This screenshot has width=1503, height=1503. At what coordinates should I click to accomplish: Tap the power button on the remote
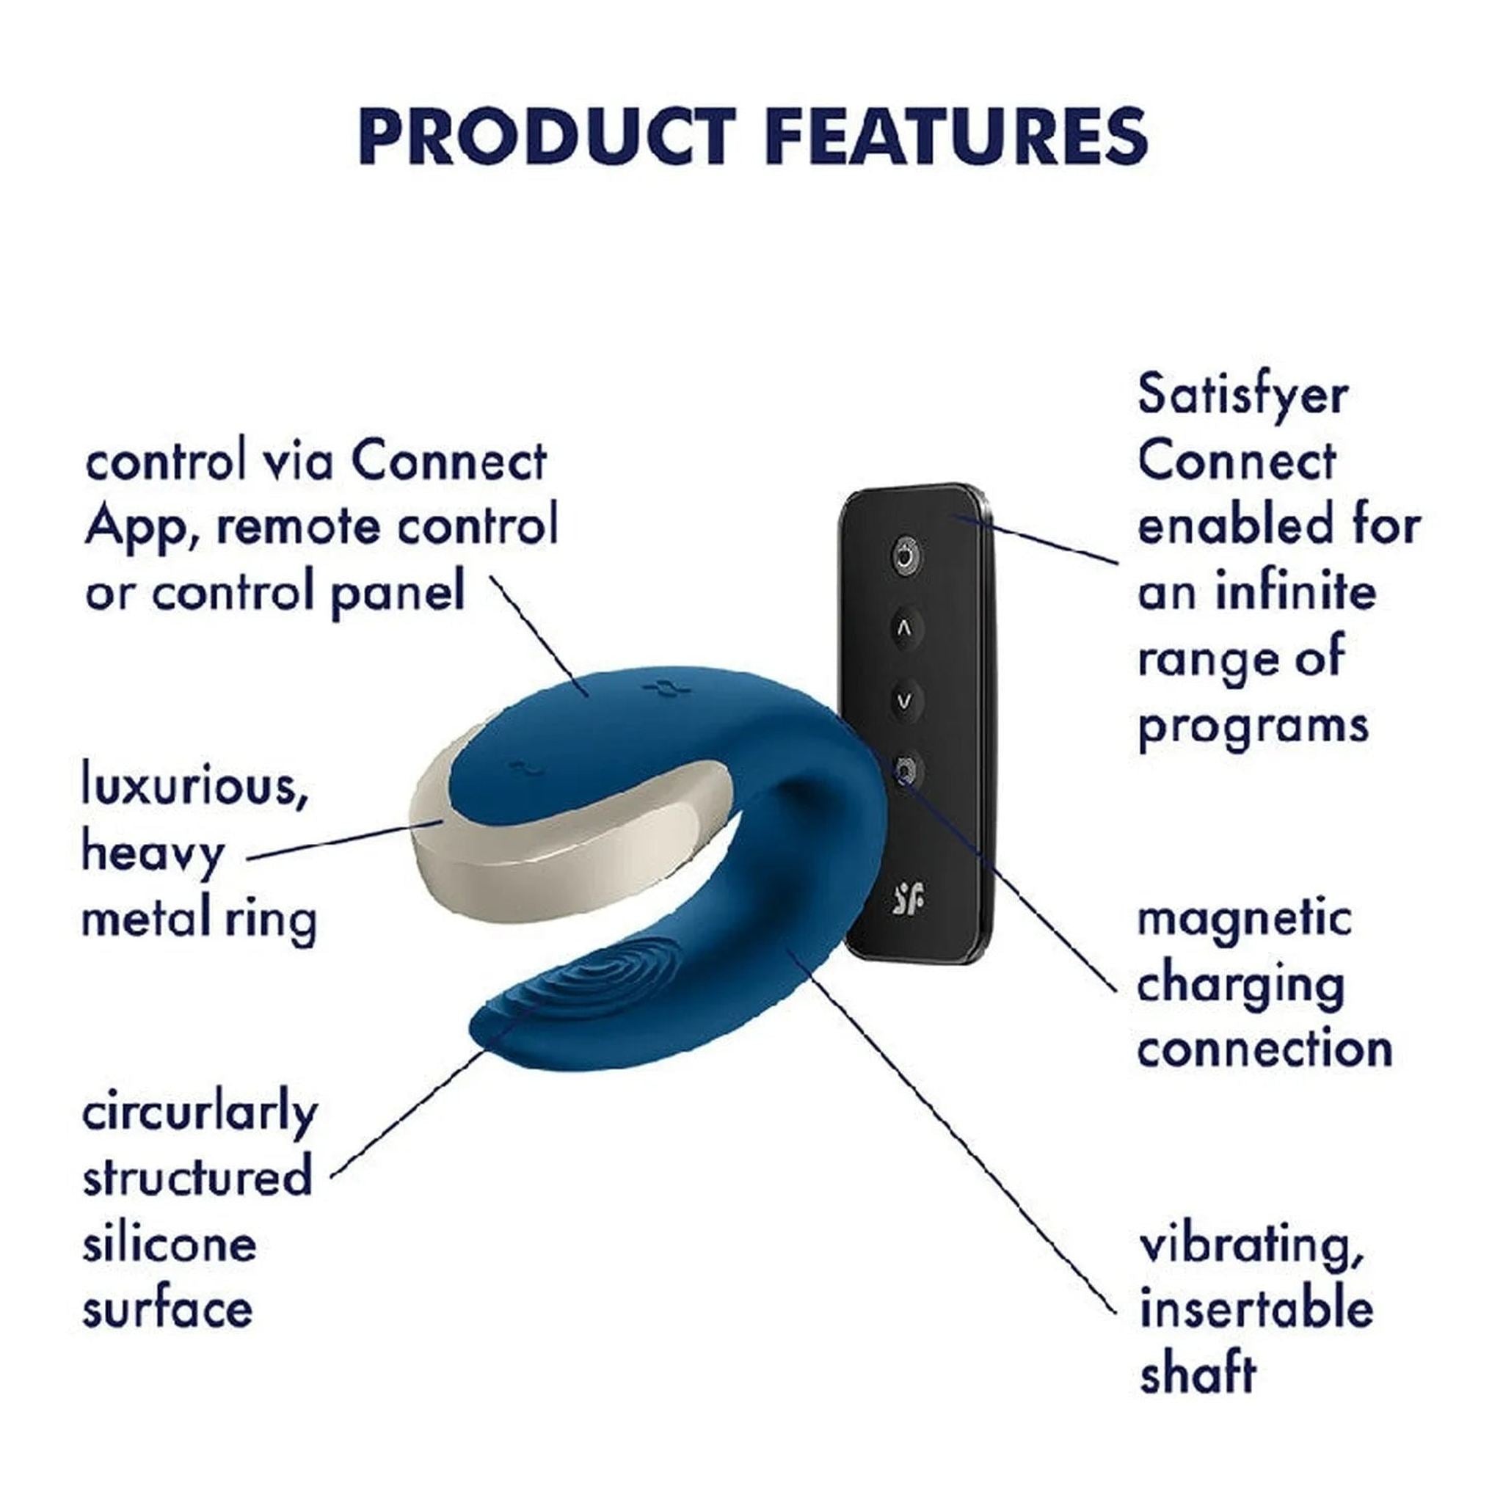[x=903, y=557]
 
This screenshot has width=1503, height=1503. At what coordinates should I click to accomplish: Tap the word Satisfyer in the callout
[x=1242, y=397]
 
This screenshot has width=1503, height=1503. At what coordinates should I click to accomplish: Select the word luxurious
[x=195, y=787]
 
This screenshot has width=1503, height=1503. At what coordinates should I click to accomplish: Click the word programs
[x=1253, y=726]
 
